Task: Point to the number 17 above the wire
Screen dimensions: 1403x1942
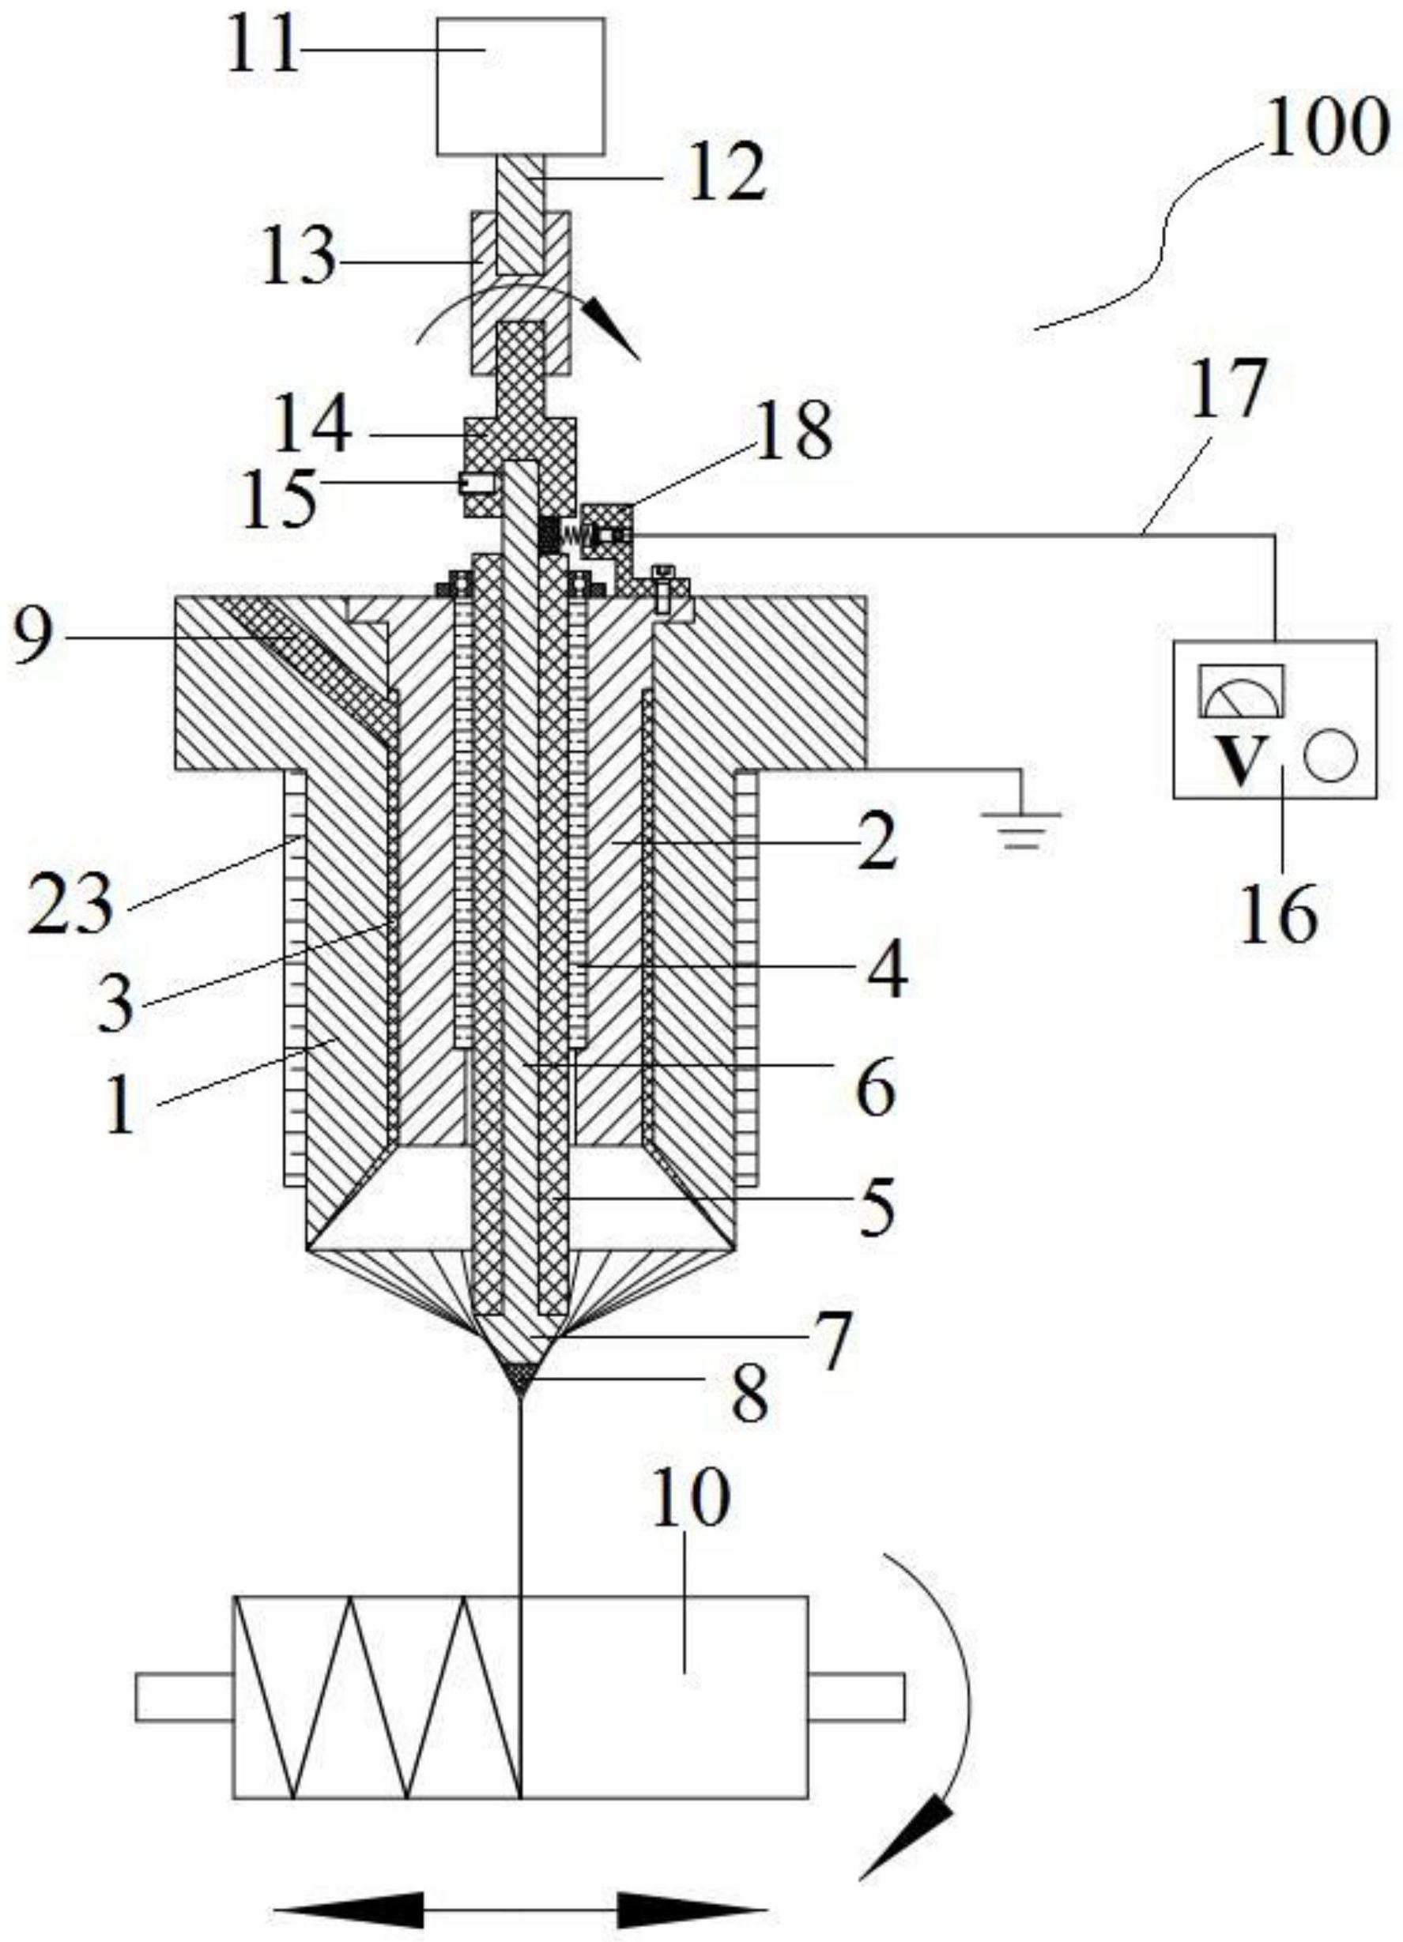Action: click(1231, 390)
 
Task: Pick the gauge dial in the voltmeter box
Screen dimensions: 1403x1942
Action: click(1241, 691)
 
